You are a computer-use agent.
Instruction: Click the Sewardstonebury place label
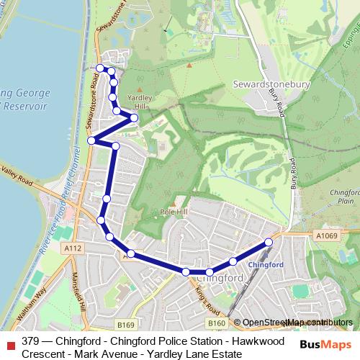[271, 84]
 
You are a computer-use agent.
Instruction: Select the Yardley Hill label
[137, 102]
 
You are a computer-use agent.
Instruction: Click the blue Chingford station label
[262, 264]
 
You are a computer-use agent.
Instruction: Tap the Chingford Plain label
[343, 197]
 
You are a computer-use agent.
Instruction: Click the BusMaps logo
[322, 343]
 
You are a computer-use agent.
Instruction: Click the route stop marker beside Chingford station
[269, 242]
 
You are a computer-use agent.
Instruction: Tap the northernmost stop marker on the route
[100, 68]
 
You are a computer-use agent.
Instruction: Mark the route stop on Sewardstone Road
[91, 140]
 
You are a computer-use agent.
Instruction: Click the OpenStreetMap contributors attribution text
[292, 323]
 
